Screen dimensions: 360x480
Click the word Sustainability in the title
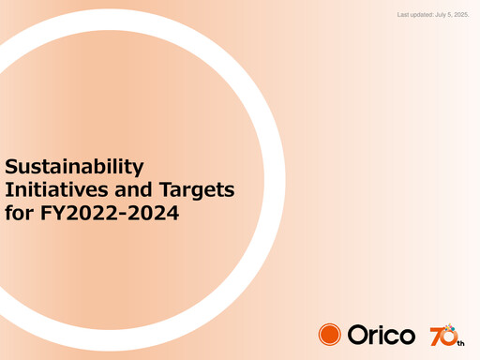[75, 168]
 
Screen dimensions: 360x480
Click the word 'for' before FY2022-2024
[18, 213]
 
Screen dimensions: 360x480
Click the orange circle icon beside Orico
[330, 335]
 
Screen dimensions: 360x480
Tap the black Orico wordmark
[382, 335]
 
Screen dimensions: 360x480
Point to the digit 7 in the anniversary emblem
[436, 336]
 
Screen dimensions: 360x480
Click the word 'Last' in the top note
[404, 15]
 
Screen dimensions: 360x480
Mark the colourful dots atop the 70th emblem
[452, 325]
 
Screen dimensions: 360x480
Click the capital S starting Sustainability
[12, 168]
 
